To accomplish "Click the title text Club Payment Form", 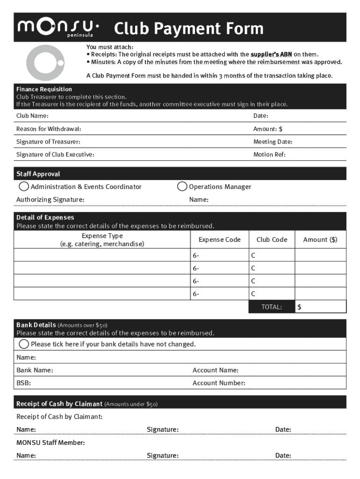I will [x=189, y=29].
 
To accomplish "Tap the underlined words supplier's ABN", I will [x=271, y=55].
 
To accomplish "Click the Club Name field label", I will [x=32, y=116].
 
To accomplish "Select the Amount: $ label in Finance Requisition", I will [x=268, y=129].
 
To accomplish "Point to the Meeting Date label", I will [x=273, y=142].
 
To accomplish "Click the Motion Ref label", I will [x=269, y=154].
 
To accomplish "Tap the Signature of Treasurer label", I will [x=48, y=142].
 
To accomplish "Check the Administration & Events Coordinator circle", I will [x=23, y=187].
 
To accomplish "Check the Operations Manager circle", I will [x=182, y=187].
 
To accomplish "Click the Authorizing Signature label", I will [x=50, y=200].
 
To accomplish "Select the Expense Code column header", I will [x=219, y=239].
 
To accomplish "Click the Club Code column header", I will [x=272, y=239].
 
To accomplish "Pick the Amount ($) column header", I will [x=320, y=239].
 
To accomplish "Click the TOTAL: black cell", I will [x=271, y=307].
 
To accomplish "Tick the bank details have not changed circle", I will [x=23, y=344].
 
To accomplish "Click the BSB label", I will [x=24, y=383].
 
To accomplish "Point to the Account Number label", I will [x=219, y=383].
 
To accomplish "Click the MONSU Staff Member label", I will [x=50, y=443].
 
